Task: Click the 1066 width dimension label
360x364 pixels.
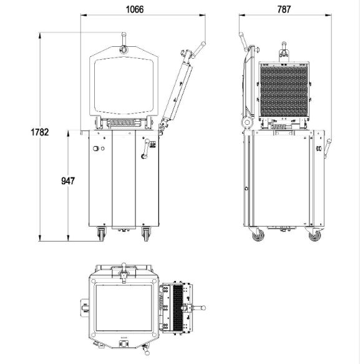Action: [135, 9]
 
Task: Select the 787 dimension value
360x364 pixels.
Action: [284, 9]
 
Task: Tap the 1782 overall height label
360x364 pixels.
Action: [40, 132]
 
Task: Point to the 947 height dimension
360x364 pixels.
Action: [68, 180]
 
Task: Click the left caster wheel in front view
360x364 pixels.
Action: [101, 234]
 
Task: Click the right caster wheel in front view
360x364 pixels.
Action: [146, 234]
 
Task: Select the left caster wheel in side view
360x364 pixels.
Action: [258, 235]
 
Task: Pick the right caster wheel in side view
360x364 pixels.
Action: [315, 235]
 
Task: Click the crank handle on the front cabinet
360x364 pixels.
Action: [146, 149]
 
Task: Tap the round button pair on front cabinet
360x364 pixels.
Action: [99, 149]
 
